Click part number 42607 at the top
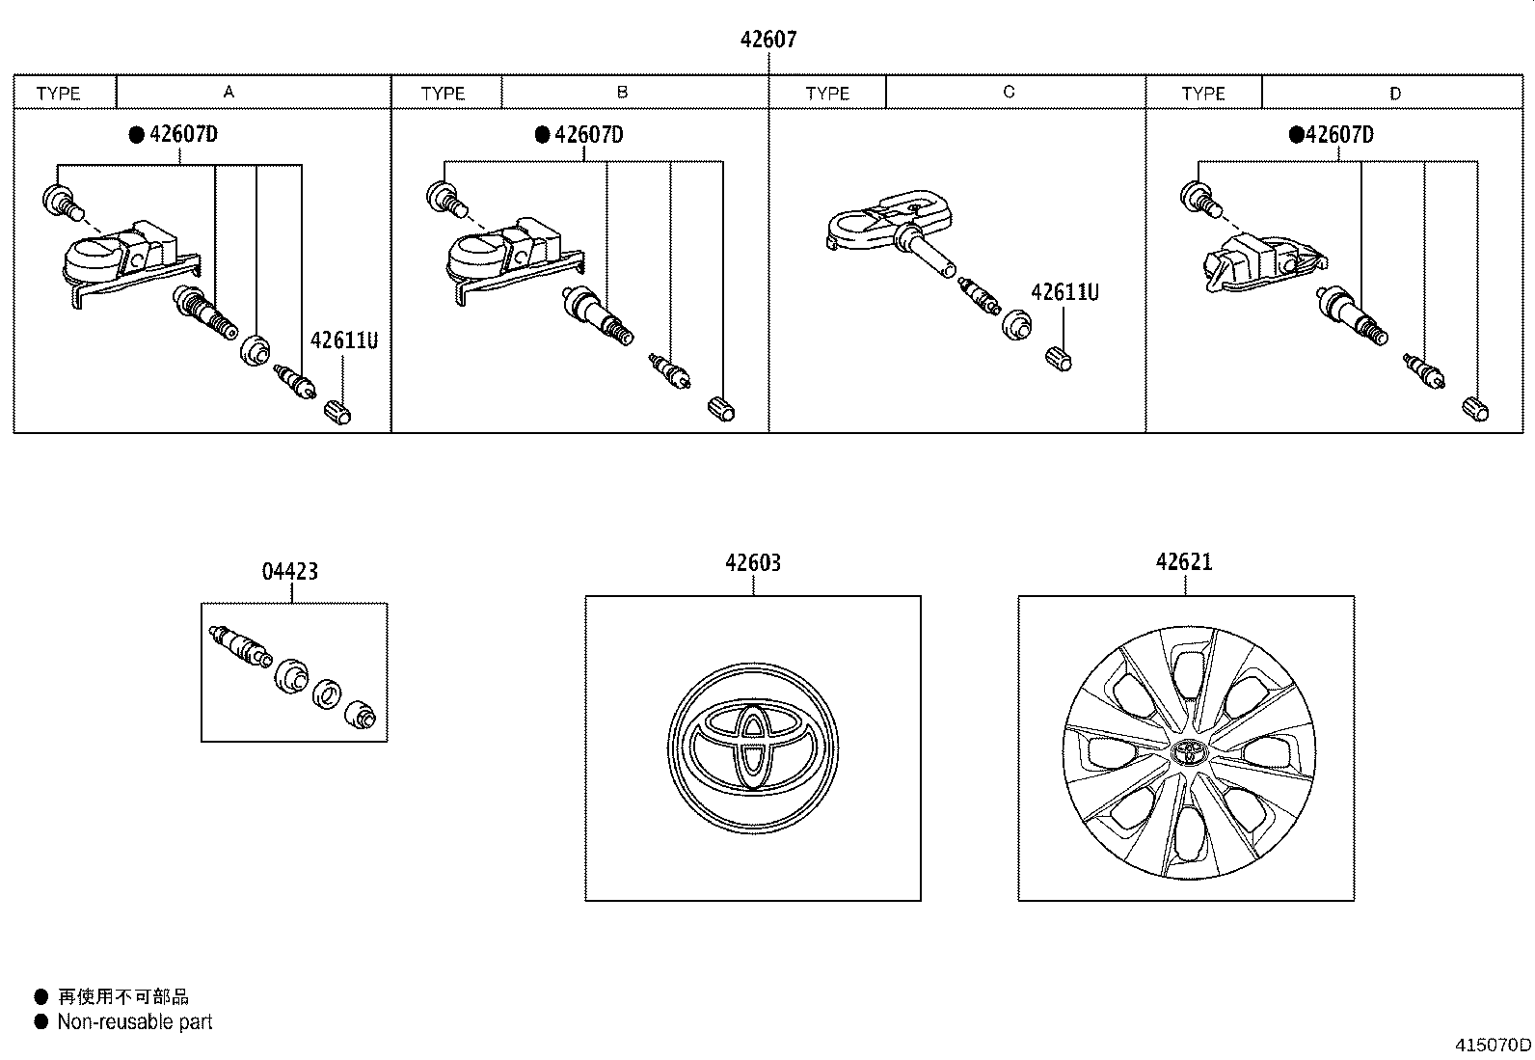[x=768, y=40]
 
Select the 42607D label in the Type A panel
[x=183, y=134]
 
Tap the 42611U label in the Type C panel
[x=1064, y=292]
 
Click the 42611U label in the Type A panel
[x=343, y=340]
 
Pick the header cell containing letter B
[x=623, y=93]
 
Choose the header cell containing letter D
[x=1394, y=94]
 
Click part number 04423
[x=289, y=571]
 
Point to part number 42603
[x=753, y=562]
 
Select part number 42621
[x=1184, y=561]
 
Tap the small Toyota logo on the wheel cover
[x=1187, y=751]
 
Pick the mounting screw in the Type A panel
[x=61, y=200]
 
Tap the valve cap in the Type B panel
[x=721, y=408]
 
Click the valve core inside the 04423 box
[x=236, y=641]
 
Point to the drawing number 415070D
[x=1493, y=1045]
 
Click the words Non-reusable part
[x=134, y=1021]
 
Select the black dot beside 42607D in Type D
[x=1296, y=134]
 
